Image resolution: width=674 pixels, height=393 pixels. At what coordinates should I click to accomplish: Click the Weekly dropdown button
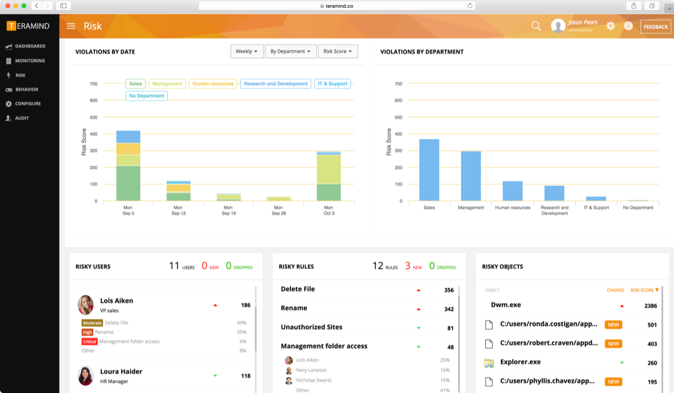tap(247, 51)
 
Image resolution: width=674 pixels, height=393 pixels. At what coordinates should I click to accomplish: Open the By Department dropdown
tap(290, 51)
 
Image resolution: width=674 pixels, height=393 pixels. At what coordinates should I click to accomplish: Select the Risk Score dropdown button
tap(338, 51)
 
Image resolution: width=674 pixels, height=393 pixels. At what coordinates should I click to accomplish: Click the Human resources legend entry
tap(213, 84)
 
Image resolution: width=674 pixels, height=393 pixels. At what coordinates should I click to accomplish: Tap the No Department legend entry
tap(147, 96)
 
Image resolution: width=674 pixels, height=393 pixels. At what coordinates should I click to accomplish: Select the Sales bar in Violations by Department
tap(429, 170)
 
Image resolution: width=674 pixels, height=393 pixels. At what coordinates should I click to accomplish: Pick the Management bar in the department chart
tap(471, 176)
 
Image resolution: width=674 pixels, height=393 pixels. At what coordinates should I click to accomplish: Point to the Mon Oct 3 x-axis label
tap(329, 211)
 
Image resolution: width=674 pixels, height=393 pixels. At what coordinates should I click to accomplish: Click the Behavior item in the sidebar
tap(26, 89)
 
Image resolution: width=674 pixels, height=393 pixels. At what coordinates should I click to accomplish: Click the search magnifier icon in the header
tap(536, 26)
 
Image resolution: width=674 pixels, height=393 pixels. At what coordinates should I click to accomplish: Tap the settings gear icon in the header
tap(611, 26)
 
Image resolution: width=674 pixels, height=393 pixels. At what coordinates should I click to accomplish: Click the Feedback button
tap(655, 26)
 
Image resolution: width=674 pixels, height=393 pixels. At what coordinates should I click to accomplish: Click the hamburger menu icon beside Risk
tap(71, 26)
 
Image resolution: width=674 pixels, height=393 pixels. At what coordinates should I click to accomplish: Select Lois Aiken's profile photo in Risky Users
tap(85, 305)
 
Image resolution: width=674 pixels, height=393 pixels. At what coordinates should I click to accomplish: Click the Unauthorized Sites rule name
tap(311, 327)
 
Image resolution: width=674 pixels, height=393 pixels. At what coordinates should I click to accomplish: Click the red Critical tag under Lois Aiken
tap(89, 341)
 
